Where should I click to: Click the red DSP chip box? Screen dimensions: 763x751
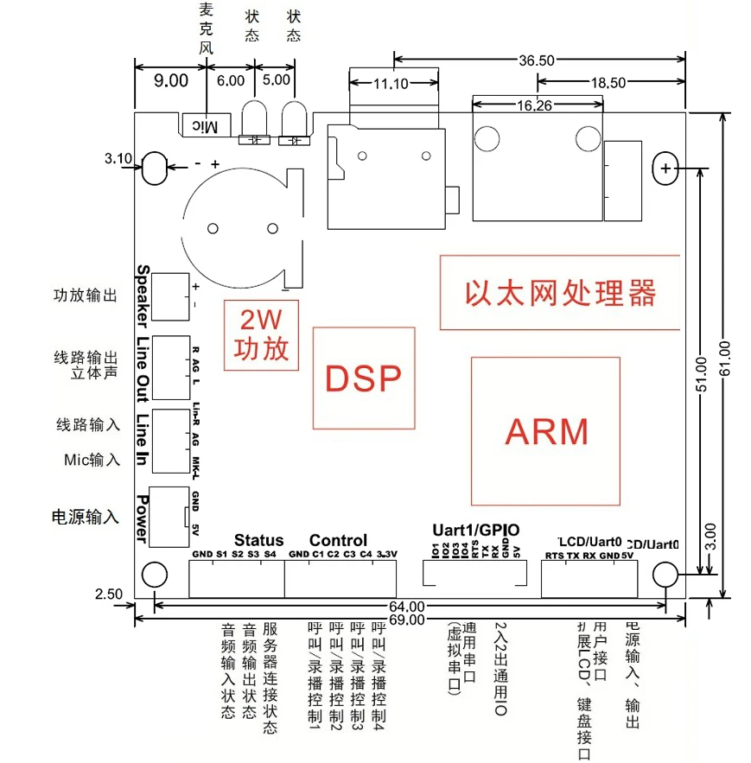(363, 378)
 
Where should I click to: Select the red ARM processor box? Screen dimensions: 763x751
(546, 430)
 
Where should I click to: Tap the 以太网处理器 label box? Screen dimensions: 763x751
(560, 292)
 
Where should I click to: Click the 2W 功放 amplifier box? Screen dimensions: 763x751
(262, 335)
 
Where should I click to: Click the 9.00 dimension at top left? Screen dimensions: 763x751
(170, 81)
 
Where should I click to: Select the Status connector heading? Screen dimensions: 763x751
(258, 540)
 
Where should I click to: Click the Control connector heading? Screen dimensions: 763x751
(338, 540)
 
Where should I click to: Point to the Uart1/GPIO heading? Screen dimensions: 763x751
(474, 529)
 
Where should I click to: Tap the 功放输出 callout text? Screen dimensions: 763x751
(85, 296)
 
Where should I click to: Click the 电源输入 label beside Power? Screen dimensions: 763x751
(85, 517)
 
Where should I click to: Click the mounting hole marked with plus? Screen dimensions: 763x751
(666, 169)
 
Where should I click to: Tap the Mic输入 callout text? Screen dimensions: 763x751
(92, 459)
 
